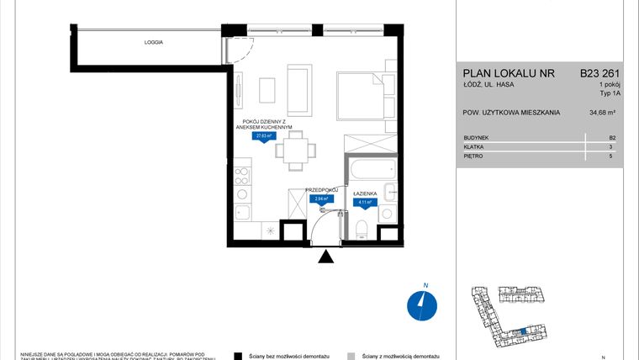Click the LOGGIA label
pos(153,41)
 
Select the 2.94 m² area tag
pos(320,200)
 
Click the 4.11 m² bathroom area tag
pos(365,203)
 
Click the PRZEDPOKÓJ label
pos(320,190)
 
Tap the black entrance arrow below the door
pos(325,257)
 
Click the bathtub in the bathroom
pos(364,172)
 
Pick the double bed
pos(360,96)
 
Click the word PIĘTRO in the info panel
pos(473,156)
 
